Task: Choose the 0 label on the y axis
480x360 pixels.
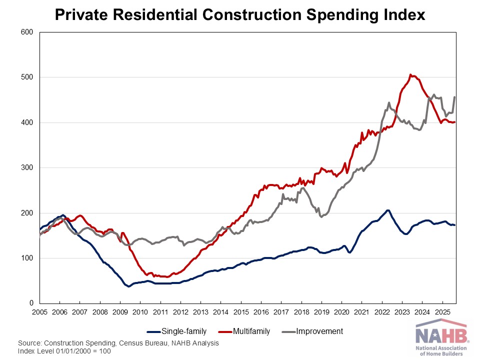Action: [x=31, y=303]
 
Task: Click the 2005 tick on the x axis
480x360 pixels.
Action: [x=39, y=311]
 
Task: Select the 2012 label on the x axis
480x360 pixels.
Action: [x=180, y=311]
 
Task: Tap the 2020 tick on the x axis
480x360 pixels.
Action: [x=342, y=311]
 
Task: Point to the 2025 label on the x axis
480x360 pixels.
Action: [x=442, y=311]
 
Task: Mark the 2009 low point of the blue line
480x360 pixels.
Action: [x=128, y=286]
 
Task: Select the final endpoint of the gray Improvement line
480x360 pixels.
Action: [x=454, y=97]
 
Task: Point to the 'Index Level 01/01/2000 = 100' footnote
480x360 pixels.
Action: [x=64, y=351]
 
